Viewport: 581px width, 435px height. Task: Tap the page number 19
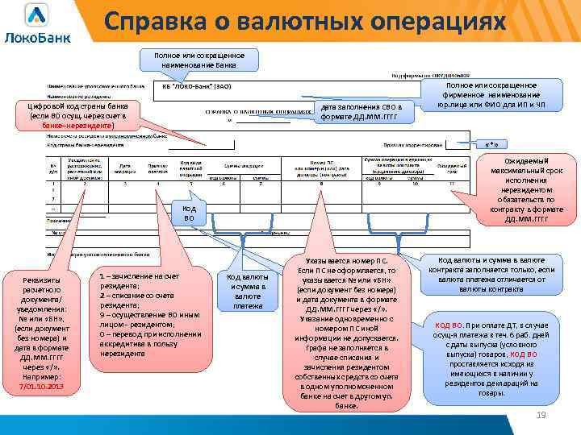(x=541, y=415)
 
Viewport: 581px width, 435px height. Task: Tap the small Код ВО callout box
(x=189, y=213)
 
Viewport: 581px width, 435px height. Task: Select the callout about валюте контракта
(x=496, y=274)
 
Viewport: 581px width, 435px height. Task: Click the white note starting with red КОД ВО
(x=496, y=358)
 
